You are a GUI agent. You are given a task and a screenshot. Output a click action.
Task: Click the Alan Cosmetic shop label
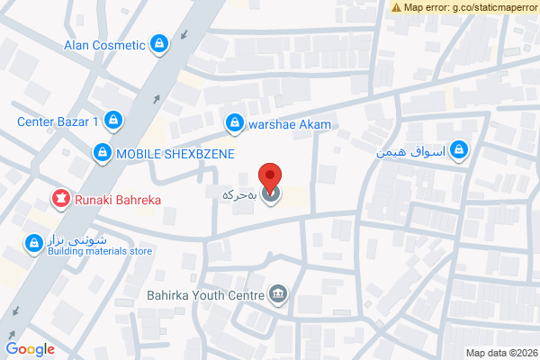104,45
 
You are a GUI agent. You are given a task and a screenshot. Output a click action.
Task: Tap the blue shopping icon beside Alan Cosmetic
159,42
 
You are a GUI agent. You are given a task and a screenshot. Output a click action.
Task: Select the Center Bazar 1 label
58,121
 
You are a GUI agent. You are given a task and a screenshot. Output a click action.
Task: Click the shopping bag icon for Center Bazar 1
112,119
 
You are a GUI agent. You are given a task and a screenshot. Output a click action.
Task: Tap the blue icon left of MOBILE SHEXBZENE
103,153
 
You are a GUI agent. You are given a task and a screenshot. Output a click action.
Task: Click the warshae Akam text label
291,123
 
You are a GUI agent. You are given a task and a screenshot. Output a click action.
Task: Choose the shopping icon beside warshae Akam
235,121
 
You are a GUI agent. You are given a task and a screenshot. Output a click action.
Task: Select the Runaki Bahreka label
117,200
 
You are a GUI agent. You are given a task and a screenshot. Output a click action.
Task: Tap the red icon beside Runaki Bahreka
60,198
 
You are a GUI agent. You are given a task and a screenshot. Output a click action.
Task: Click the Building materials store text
100,251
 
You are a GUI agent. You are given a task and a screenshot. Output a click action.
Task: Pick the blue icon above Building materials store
33,242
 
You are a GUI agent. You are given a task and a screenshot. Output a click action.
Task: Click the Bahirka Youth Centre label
204,294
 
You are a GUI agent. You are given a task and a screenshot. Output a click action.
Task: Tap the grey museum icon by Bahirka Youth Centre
278,293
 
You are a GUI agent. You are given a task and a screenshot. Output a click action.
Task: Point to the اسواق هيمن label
410,153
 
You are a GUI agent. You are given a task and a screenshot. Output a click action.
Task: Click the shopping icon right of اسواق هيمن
460,148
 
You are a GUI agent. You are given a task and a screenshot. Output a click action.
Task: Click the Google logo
30,350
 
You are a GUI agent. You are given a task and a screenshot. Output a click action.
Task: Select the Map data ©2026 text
499,352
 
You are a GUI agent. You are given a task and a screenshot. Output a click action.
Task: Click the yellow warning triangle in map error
396,7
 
